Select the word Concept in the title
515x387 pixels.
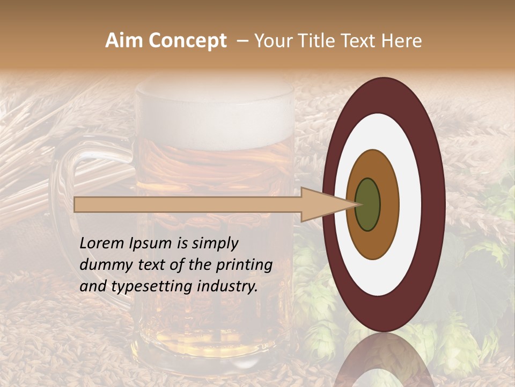[187, 41]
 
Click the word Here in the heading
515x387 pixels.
[402, 41]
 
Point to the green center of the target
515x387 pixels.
[368, 204]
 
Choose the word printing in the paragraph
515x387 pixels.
[244, 265]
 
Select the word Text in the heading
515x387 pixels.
[360, 41]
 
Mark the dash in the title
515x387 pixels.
[242, 41]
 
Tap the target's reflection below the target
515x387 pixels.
[384, 360]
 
